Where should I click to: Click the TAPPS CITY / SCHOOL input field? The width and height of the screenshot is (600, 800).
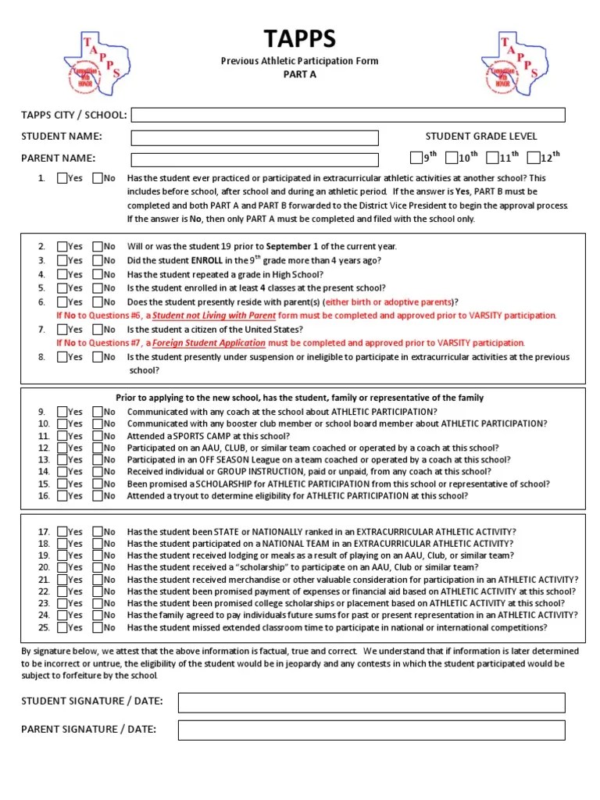pos(348,116)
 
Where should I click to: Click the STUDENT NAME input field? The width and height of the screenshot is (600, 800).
pos(255,138)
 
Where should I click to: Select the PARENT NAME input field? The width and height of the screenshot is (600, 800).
pos(255,159)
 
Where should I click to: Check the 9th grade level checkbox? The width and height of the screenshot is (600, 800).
pos(416,159)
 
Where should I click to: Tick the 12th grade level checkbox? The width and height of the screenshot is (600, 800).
pos(533,159)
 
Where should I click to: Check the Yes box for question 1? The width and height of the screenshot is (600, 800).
pos(62,178)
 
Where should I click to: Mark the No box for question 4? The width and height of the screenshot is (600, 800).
pos(98,275)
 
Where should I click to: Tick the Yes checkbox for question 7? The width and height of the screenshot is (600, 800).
pos(62,330)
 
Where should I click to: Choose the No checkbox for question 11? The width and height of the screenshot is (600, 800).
pos(98,436)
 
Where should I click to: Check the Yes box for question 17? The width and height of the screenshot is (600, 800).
pos(62,532)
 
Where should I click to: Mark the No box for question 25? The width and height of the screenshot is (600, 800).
pos(98,627)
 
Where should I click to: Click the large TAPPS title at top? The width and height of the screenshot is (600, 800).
pos(299,40)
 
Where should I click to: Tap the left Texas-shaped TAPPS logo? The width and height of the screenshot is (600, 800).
pos(97,62)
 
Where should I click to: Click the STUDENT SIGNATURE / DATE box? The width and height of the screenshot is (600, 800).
pos(371,702)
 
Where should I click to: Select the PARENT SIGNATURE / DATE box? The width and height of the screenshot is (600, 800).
pos(371,730)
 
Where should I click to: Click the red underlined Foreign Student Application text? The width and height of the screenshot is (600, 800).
pos(209,343)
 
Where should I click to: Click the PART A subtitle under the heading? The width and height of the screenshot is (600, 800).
pos(299,75)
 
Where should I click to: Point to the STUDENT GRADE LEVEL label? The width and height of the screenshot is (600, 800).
pos(480,137)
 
